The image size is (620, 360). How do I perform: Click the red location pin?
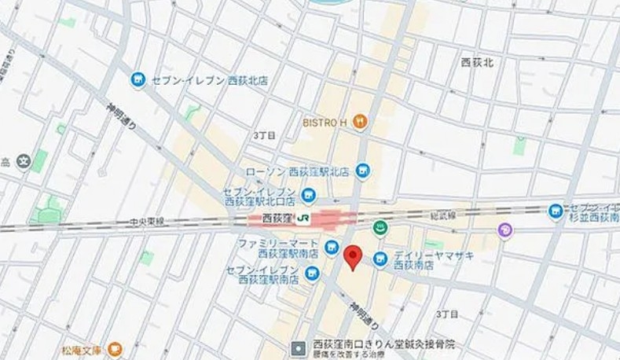354,257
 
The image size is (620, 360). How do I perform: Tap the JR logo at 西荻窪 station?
303,218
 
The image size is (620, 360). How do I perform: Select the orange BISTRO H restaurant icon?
360,121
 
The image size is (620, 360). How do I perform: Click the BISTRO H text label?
325,122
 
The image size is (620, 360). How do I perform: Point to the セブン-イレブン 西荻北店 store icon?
138,79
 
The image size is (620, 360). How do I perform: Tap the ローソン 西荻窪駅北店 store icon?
362,171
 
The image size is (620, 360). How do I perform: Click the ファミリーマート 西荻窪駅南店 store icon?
332,248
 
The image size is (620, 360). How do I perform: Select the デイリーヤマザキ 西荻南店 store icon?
380,259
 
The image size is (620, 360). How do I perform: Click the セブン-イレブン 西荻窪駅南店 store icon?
313,274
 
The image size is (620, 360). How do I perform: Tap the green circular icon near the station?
380,229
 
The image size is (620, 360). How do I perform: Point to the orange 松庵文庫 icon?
116,348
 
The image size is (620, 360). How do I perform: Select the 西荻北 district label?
477,62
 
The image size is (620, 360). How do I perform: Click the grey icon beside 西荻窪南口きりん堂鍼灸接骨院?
299,347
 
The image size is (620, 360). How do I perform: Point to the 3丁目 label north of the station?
264,135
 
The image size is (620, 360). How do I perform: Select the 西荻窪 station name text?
277,218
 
